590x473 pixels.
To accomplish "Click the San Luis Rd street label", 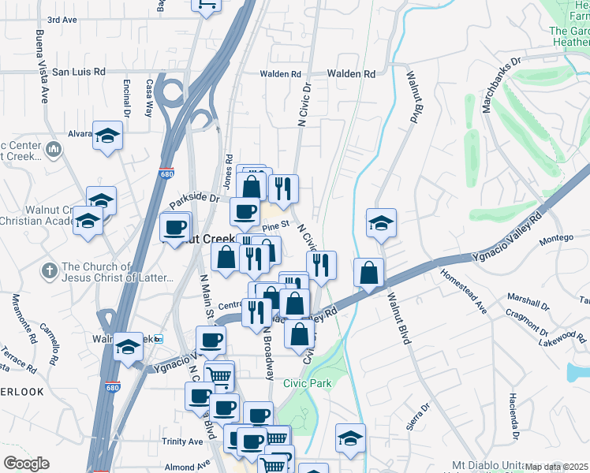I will (x=79, y=72).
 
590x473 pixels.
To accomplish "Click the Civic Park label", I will (x=308, y=383).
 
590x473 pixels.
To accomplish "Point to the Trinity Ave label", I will (x=183, y=441).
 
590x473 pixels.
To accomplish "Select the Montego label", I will (x=555, y=239).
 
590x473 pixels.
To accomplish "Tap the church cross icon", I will (x=49, y=271).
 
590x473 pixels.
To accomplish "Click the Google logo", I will (x=26, y=464).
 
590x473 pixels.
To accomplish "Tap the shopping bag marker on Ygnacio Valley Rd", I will (x=368, y=273).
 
